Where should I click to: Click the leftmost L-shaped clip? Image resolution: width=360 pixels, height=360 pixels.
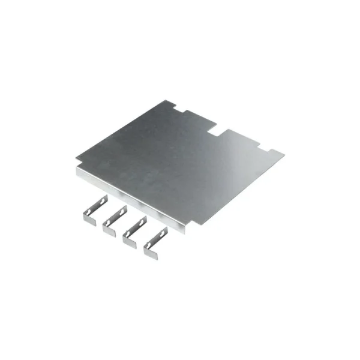click(x=94, y=211)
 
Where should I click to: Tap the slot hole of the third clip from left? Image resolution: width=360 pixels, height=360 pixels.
click(x=141, y=224)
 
